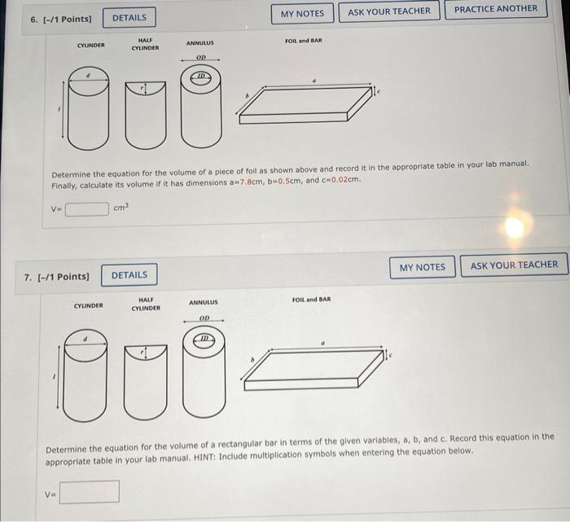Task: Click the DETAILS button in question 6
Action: click(x=129, y=17)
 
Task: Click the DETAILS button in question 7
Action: click(x=129, y=275)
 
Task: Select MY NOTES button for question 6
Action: click(x=302, y=13)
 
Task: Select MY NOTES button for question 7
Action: click(x=423, y=267)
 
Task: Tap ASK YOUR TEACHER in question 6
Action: click(x=389, y=11)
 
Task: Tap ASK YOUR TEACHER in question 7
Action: click(x=514, y=265)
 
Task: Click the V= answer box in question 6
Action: click(x=86, y=208)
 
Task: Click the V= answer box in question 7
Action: click(x=90, y=492)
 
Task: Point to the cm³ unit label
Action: click(x=121, y=208)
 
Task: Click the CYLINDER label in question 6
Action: click(x=90, y=46)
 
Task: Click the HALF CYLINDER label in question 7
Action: click(x=147, y=305)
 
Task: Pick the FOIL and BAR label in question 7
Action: click(x=311, y=300)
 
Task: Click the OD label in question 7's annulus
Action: click(x=204, y=318)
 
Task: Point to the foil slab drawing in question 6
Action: click(x=305, y=103)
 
